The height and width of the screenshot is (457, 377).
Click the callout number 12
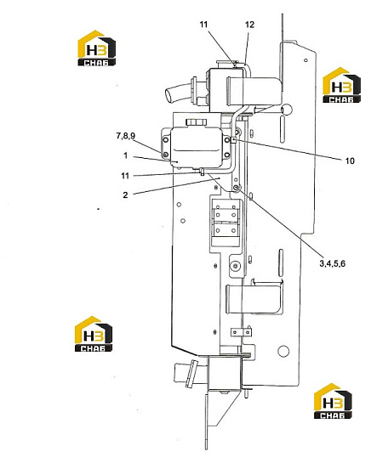[x=249, y=25]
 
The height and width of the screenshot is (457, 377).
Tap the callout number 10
[x=350, y=161]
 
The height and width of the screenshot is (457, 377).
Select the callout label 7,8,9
[x=126, y=136]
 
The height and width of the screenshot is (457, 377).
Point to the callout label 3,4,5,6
[x=332, y=263]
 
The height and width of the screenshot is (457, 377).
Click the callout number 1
[x=126, y=155]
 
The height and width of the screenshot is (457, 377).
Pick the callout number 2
[x=125, y=195]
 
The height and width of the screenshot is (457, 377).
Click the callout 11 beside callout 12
[x=204, y=25]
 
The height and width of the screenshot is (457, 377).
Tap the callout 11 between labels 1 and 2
[x=125, y=176]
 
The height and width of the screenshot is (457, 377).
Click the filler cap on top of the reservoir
[x=197, y=121]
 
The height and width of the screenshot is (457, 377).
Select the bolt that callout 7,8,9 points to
[x=166, y=155]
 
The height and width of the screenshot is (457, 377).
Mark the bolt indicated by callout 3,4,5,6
[x=237, y=188]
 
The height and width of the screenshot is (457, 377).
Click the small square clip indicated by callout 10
[x=233, y=140]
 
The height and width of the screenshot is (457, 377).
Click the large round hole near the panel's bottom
[x=283, y=351]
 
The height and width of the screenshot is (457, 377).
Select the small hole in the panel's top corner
[x=306, y=60]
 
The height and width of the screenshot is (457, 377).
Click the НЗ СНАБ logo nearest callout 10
[x=341, y=85]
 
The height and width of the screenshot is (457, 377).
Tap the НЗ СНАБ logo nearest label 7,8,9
[x=97, y=48]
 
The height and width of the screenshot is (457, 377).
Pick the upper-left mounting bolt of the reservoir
[x=166, y=140]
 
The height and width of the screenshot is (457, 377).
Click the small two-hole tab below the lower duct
[x=241, y=331]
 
